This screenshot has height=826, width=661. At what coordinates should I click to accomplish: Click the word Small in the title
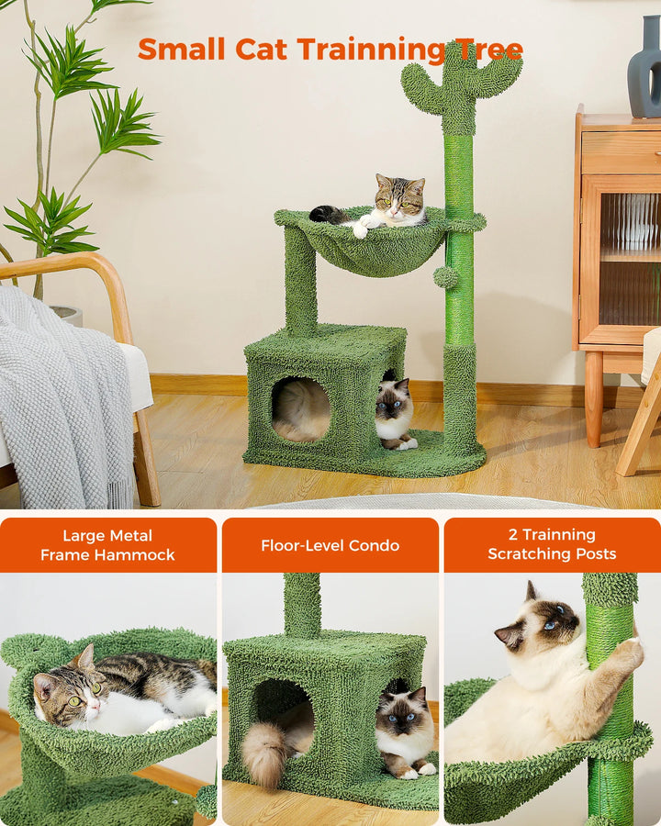pos(182,49)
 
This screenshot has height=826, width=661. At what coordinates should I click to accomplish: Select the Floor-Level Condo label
pos(330,545)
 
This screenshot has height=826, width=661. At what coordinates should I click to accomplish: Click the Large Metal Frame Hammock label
pos(107,545)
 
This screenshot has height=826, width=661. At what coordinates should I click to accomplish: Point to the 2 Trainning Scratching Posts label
pos(552,544)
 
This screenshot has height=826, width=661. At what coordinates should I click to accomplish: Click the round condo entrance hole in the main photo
pos(301,408)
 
